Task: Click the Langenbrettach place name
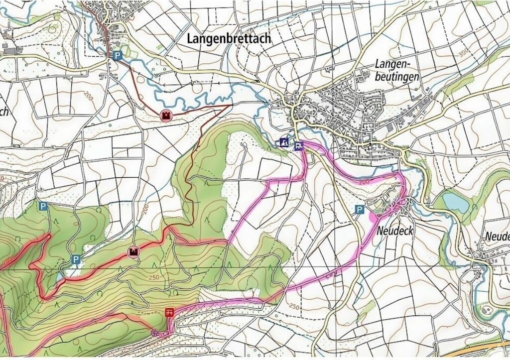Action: click(229, 38)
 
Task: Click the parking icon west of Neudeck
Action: click(359, 210)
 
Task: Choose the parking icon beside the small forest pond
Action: click(76, 259)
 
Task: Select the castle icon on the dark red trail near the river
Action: click(165, 116)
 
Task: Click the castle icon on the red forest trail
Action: click(133, 252)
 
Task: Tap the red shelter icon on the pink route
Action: click(169, 313)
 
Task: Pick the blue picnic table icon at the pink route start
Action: click(298, 146)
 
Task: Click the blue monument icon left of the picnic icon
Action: click(284, 142)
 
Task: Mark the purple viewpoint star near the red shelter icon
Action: click(155, 333)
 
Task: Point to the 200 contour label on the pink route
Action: click(363, 182)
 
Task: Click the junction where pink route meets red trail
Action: click(228, 242)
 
